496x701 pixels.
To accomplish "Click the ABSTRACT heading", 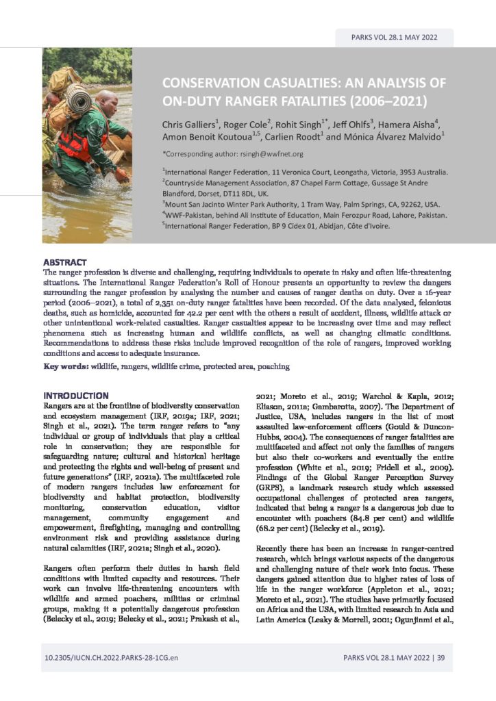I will (65, 262).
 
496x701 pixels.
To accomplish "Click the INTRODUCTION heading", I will (75, 396).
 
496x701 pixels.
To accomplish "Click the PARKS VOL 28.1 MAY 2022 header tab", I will (394, 38).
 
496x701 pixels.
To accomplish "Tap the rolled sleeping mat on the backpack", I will (77, 99).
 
